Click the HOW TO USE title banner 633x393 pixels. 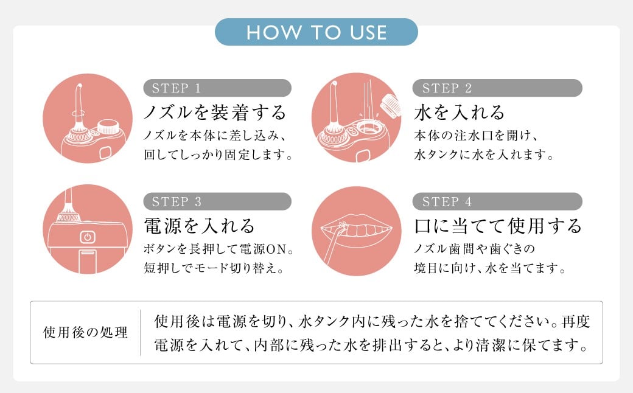pyautogui.click(x=316, y=32)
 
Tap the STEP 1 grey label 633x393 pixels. pyautogui.click(x=217, y=88)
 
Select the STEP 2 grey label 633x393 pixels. pyautogui.click(x=497, y=88)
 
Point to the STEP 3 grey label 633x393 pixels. pyautogui.click(x=217, y=201)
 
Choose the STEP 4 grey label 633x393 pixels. pyautogui.click(x=497, y=201)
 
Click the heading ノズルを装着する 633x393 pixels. pyautogui.click(x=215, y=112)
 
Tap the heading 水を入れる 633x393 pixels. pyautogui.click(x=459, y=112)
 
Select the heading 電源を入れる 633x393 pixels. pyautogui.click(x=200, y=226)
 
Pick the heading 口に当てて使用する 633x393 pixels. pyautogui.click(x=498, y=226)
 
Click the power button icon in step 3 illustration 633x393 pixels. pyautogui.click(x=88, y=237)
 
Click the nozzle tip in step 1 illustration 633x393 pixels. pyautogui.click(x=79, y=86)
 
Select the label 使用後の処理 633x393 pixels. pyautogui.click(x=85, y=333)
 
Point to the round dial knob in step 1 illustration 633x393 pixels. pyautogui.click(x=108, y=127)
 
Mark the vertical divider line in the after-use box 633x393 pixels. pyautogui.click(x=141, y=333)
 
